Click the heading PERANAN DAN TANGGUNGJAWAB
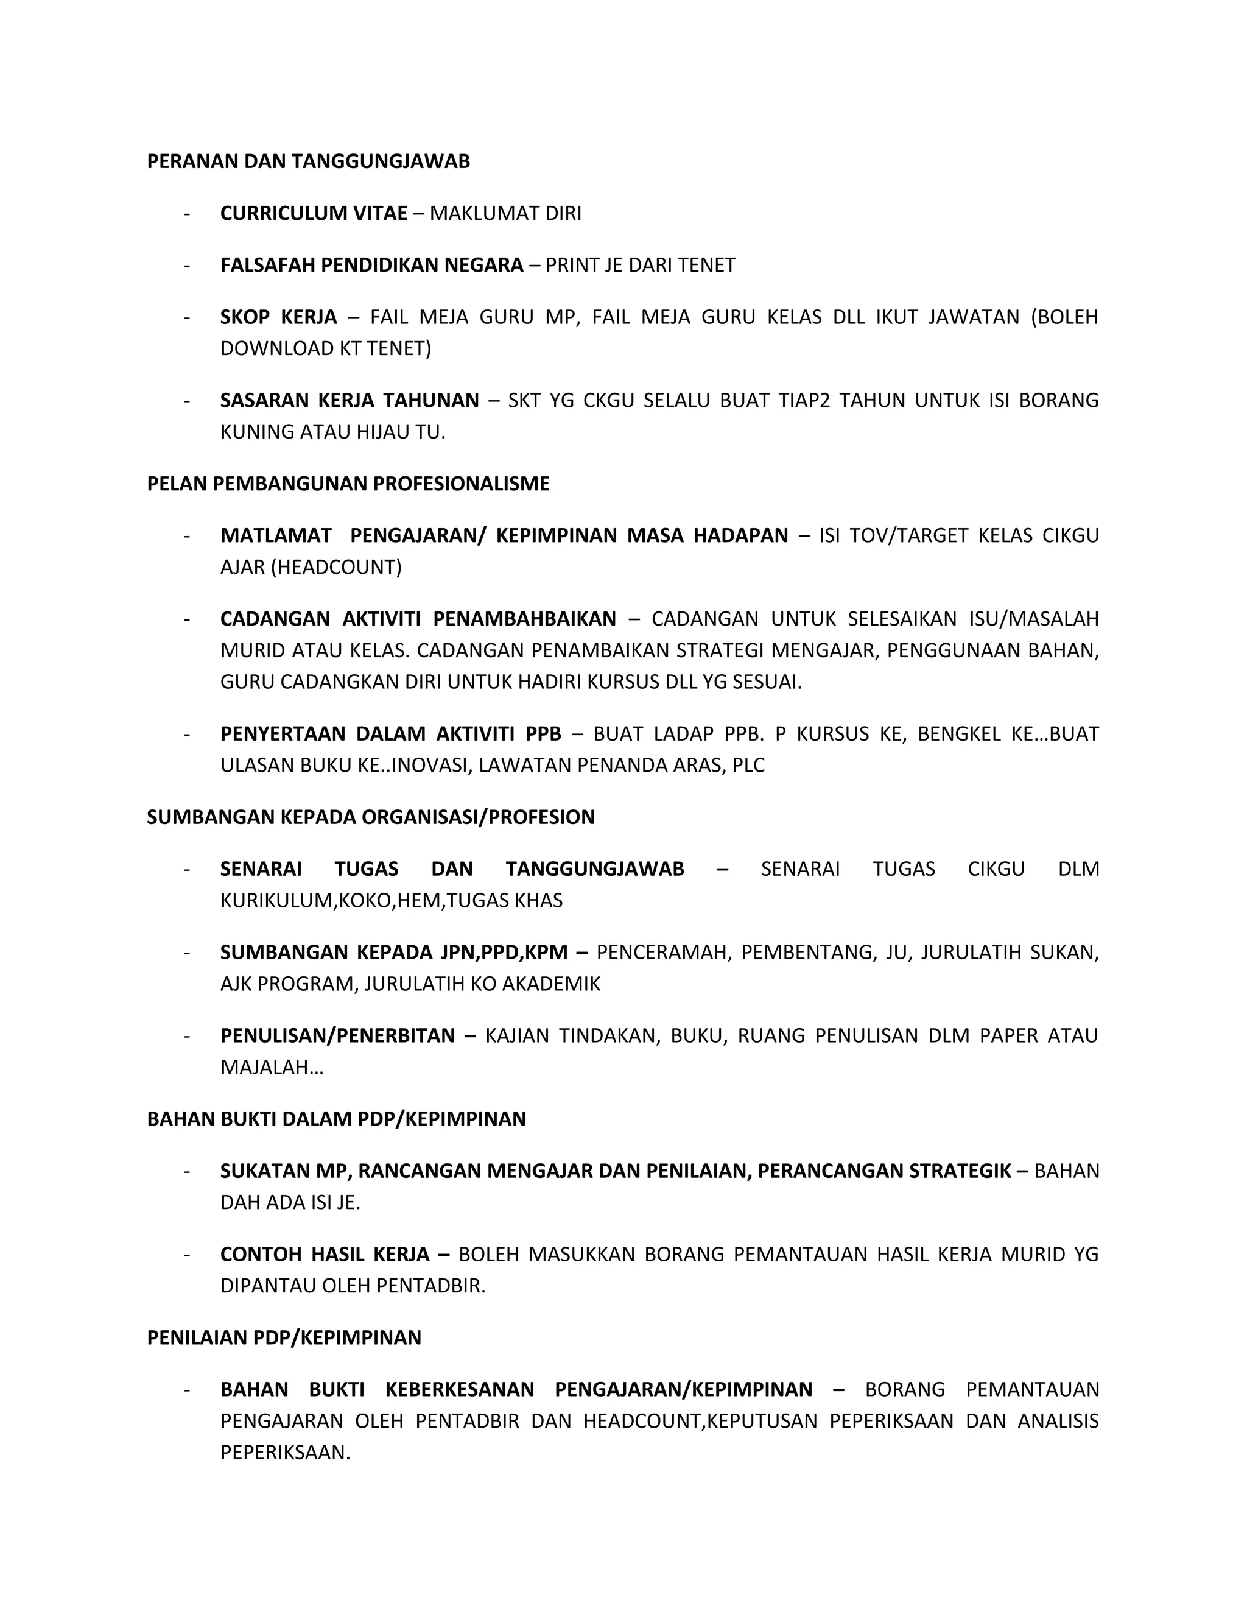coord(308,161)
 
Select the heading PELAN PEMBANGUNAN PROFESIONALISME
coord(348,484)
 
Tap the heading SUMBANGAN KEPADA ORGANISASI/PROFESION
coord(371,817)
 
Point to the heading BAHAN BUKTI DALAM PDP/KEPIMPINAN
coord(336,1119)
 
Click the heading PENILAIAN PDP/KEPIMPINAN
coord(284,1337)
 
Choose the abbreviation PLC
coord(748,766)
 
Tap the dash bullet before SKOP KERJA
coord(187,318)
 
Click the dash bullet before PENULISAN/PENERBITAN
coord(187,1036)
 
